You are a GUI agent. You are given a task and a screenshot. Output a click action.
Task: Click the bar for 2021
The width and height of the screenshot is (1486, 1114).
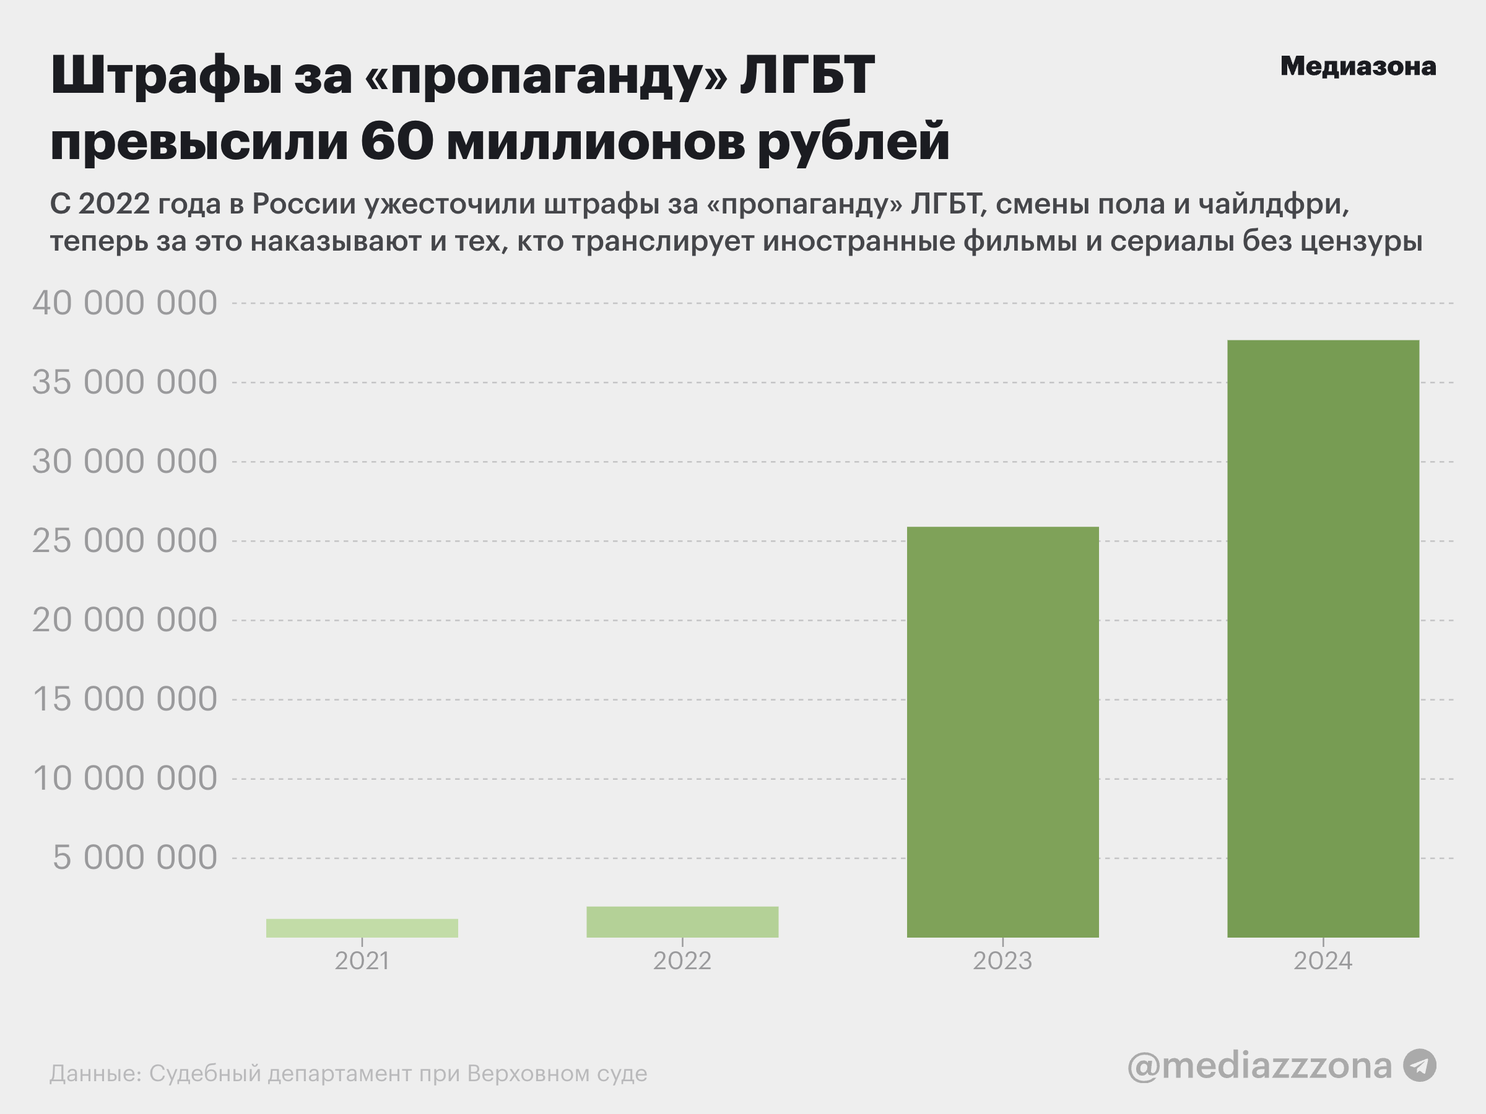tap(362, 928)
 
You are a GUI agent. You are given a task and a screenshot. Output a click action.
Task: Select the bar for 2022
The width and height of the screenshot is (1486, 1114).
tap(682, 922)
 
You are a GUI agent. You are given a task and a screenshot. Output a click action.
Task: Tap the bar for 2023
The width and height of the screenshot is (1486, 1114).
tap(1002, 732)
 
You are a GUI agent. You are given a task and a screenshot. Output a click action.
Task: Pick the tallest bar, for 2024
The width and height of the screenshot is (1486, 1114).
tap(1323, 638)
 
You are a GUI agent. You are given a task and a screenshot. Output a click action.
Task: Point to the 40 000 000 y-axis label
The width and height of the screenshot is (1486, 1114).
tap(125, 303)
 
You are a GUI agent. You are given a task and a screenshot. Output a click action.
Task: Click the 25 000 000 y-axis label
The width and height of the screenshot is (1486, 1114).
tap(125, 540)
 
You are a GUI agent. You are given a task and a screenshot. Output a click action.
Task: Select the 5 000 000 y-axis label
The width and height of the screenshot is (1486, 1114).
tap(134, 858)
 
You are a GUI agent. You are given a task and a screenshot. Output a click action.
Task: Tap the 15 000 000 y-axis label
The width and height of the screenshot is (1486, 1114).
tap(125, 699)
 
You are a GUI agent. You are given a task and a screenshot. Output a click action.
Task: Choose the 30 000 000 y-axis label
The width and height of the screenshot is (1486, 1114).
tap(125, 461)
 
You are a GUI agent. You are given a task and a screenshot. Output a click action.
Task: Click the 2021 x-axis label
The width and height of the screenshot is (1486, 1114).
tap(362, 961)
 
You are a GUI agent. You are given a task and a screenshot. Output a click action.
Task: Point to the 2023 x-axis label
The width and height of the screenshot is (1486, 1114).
tap(1002, 961)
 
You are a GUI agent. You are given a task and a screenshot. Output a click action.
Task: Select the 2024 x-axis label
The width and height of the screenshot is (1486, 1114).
tap(1323, 961)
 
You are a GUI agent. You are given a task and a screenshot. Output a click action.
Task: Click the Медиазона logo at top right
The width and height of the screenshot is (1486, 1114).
tap(1358, 66)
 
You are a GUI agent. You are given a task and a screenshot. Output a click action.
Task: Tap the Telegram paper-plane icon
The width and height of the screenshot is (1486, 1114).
tap(1420, 1066)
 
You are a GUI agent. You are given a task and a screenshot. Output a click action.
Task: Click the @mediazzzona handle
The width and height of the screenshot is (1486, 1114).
tap(1259, 1066)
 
